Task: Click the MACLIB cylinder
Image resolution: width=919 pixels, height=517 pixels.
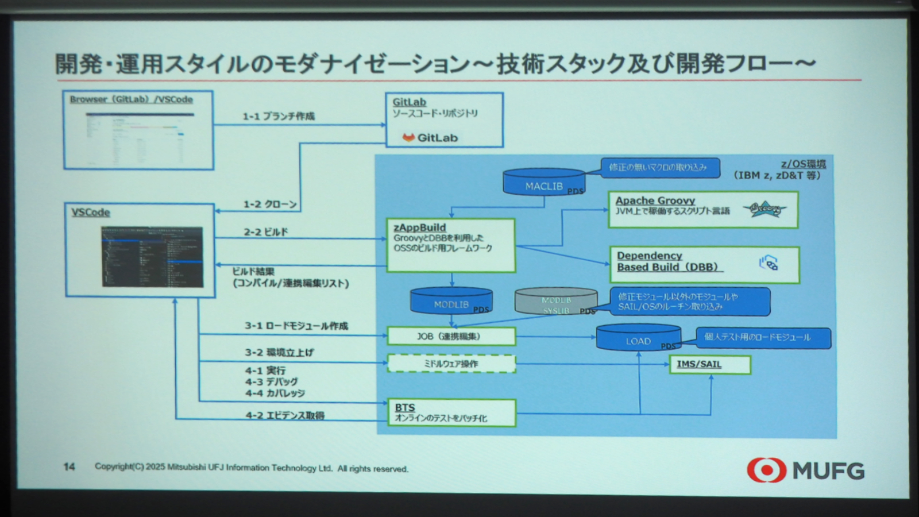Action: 543,183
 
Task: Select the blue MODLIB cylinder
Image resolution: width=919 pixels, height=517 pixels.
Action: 451,302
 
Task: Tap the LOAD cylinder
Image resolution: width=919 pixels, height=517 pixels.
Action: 638,338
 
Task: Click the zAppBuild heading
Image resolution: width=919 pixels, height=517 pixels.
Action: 419,227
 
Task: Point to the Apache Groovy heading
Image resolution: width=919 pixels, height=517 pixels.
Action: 655,200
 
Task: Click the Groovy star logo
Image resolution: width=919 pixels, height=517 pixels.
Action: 764,209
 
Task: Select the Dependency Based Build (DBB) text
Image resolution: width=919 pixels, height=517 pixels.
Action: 667,261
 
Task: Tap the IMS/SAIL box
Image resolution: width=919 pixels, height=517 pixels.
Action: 709,364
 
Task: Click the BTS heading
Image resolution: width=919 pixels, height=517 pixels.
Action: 405,407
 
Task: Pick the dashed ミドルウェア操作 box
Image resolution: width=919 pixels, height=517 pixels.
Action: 451,364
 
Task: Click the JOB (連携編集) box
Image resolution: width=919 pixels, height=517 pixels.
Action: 451,336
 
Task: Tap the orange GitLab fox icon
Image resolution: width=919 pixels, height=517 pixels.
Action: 408,137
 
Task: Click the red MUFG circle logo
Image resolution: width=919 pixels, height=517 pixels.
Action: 766,470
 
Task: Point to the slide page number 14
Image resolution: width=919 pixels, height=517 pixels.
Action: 69,466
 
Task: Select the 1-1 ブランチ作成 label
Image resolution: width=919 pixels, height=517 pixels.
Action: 279,116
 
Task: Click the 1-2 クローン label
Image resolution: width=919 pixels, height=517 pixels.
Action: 270,204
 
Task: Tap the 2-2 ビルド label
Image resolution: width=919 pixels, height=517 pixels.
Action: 265,232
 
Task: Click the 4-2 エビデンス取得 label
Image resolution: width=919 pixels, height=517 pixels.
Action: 285,415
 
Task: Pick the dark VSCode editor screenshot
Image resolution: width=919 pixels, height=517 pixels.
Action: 152,256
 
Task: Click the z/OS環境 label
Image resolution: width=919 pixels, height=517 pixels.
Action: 803,164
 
